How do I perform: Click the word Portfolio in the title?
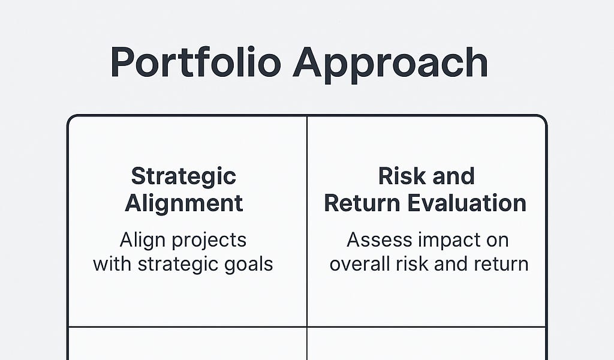tap(196, 62)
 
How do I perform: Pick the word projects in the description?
tap(209, 241)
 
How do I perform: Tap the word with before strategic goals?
tap(112, 264)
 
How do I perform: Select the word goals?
tap(249, 265)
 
